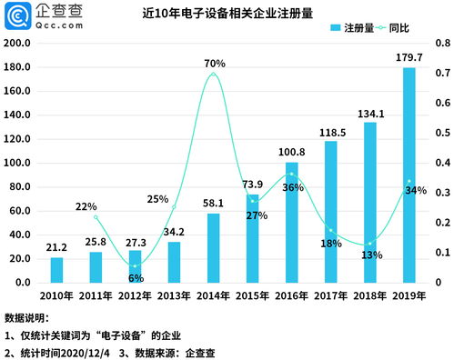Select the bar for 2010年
click(56, 270)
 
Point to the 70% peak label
click(215, 63)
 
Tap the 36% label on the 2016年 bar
click(293, 187)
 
